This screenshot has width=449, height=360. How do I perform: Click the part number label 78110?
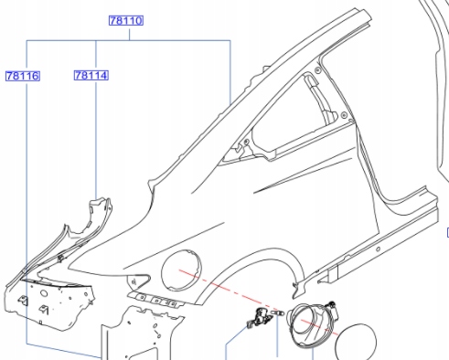point(126,21)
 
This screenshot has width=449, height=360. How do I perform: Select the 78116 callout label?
point(23,76)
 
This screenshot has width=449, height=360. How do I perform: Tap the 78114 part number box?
point(91,75)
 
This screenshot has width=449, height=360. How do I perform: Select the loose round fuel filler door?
point(356,342)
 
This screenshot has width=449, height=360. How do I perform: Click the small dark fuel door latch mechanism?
point(259,318)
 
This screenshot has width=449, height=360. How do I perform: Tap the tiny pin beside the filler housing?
point(277,313)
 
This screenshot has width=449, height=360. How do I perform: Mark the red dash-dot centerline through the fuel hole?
point(258,302)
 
